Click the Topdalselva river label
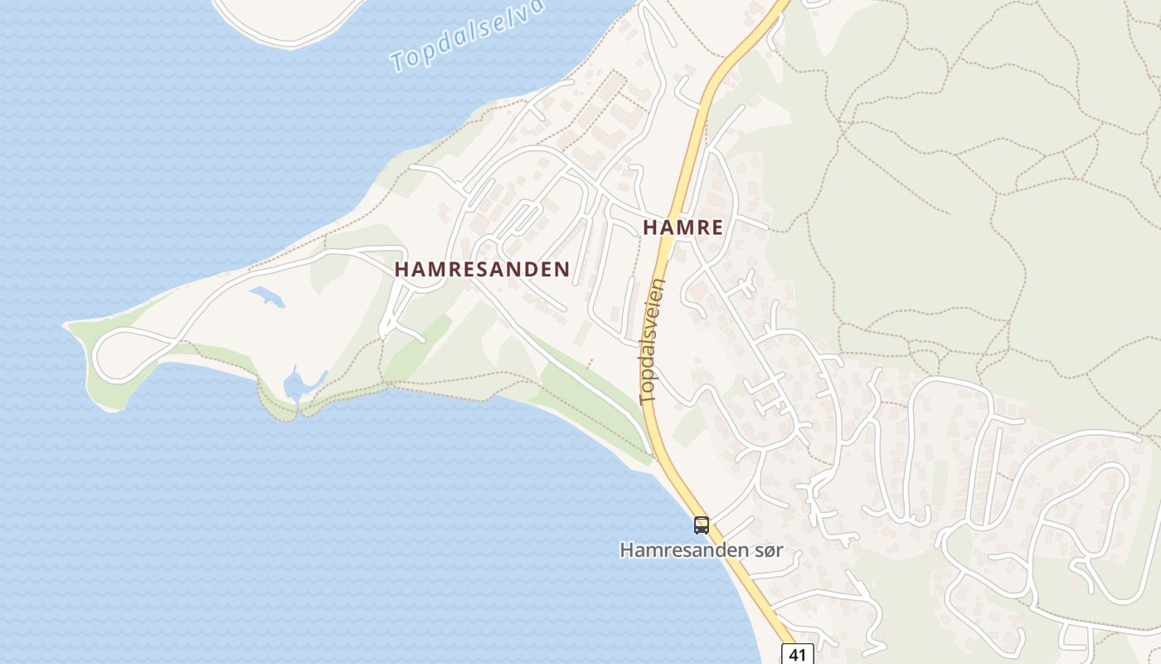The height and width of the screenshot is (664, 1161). (469, 36)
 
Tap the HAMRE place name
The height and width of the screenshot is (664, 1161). (683, 227)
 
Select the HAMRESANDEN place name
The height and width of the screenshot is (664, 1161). (482, 270)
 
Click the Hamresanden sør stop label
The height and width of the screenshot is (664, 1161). (701, 549)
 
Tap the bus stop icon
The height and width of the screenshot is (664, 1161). (702, 525)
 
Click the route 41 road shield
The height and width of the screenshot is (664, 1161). (797, 654)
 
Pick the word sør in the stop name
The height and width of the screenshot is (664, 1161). (766, 549)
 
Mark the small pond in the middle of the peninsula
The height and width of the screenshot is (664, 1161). (267, 295)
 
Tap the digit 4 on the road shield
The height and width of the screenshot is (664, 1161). (794, 654)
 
